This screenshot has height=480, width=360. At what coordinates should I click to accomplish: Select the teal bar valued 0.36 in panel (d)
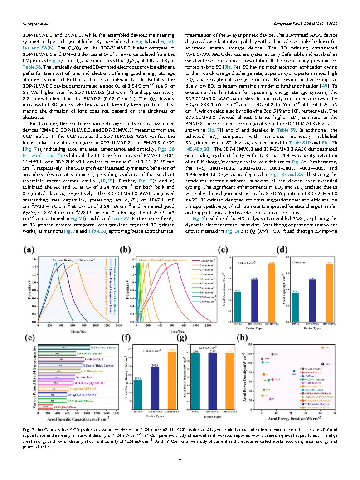point(295,307)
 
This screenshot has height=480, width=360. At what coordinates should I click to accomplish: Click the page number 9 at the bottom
point(180,460)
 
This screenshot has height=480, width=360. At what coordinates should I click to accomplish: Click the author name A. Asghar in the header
point(35,22)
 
